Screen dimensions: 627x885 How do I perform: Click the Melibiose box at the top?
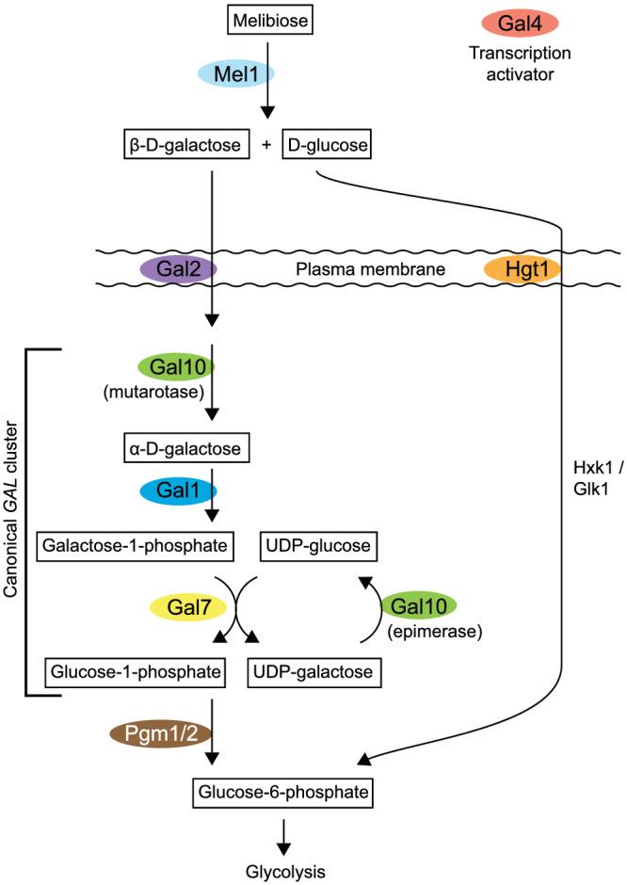pyautogui.click(x=270, y=21)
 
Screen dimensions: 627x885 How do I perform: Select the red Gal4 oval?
pyautogui.click(x=520, y=24)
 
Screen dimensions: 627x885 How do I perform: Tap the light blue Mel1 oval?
pyautogui.click(x=236, y=73)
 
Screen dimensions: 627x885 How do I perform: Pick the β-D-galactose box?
pyautogui.click(x=186, y=145)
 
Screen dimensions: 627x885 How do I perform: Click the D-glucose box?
pyautogui.click(x=327, y=145)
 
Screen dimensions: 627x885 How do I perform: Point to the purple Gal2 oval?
pyautogui.click(x=178, y=268)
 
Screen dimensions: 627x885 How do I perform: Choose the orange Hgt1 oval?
pyautogui.click(x=522, y=268)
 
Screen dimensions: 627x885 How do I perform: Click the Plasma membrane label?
pyautogui.click(x=370, y=269)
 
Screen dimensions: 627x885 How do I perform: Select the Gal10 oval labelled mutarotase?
pyautogui.click(x=177, y=367)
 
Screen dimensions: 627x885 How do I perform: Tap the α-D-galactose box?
pyautogui.click(x=186, y=449)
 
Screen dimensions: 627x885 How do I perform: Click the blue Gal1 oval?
pyautogui.click(x=178, y=491)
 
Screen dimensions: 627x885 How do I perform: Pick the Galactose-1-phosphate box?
pyautogui.click(x=135, y=546)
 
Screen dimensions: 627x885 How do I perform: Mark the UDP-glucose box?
pyautogui.click(x=318, y=546)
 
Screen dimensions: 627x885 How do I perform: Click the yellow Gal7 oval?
pyautogui.click(x=188, y=607)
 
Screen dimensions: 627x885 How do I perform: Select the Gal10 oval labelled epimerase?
pyautogui.click(x=419, y=606)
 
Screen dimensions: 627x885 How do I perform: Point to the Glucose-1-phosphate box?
pyautogui.click(x=136, y=672)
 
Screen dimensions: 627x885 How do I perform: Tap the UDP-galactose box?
pyautogui.click(x=314, y=672)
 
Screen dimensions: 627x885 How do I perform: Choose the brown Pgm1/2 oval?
pyautogui.click(x=161, y=733)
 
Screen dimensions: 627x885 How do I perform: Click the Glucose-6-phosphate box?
pyautogui.click(x=282, y=793)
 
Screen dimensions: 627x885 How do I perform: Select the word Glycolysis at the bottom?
pyautogui.click(x=285, y=872)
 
